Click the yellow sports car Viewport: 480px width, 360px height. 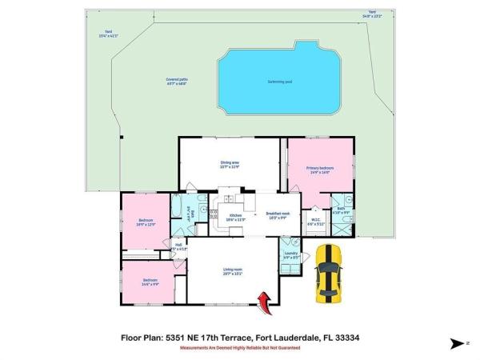coord(328,274)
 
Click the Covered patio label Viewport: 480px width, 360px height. coord(177,81)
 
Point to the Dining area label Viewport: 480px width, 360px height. coord(230,164)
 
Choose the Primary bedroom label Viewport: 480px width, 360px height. coord(318,168)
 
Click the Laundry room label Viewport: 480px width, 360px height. coord(291,255)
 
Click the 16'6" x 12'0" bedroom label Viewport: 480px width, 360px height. coord(146,222)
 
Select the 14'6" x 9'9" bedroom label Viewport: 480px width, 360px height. coord(150,281)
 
